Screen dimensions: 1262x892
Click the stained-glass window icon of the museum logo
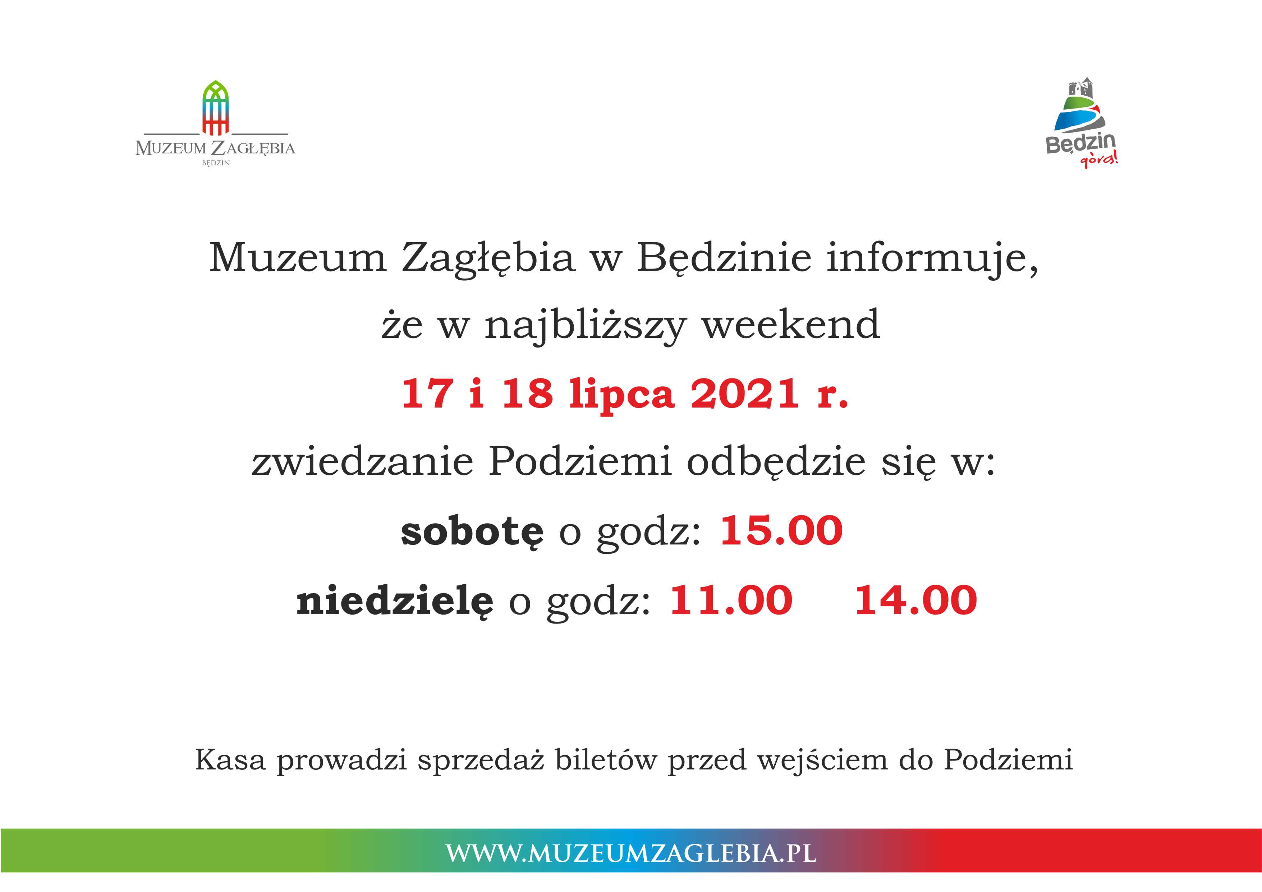215,108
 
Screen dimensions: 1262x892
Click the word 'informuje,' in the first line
932,258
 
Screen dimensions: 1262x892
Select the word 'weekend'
790,324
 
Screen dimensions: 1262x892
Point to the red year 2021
745,394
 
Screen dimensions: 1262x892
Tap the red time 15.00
781,531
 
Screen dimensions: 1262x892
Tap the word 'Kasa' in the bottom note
230,760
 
